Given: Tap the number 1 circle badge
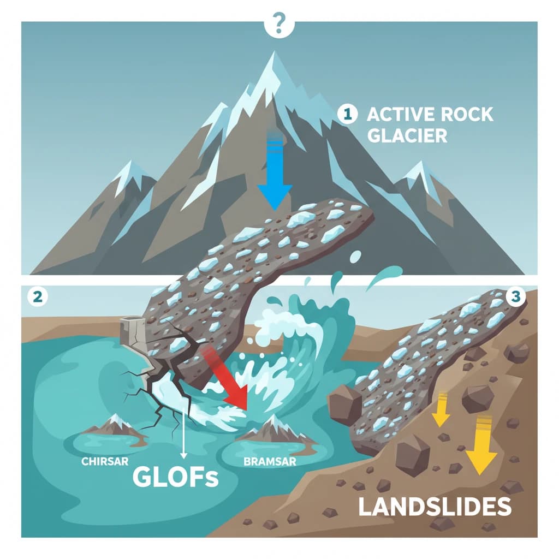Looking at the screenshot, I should pos(348,114).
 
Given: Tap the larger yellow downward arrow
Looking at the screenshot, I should pos(480,443).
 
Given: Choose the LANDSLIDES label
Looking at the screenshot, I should pos(435,507).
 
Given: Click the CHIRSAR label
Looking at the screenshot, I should pos(105,461).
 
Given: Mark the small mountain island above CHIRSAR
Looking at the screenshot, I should pos(115,427).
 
